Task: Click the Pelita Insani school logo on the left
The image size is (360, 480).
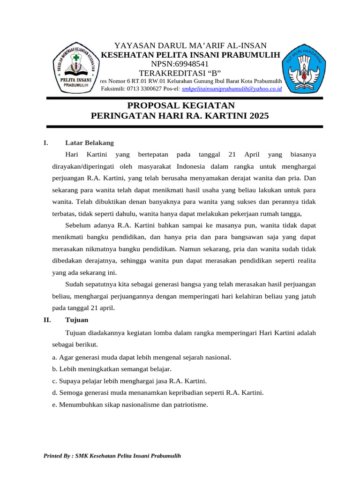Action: (74, 69)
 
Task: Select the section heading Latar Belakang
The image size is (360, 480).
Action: (89, 142)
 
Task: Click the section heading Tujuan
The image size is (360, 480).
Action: (76, 320)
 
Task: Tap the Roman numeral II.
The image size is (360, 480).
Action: (47, 320)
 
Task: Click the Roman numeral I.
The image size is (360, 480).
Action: (45, 142)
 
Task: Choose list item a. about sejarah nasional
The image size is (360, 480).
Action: (142, 357)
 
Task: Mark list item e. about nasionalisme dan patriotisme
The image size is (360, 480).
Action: (130, 405)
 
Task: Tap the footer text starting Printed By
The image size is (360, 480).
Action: (112, 456)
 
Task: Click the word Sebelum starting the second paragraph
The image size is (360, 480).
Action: (77, 225)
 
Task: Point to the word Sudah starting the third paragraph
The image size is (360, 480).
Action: (74, 284)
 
